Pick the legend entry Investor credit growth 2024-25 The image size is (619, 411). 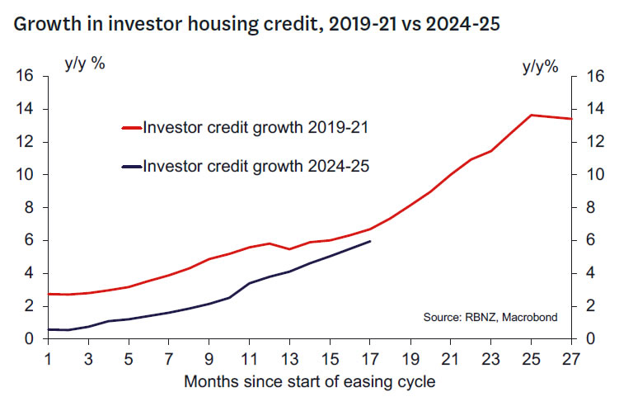pyautogui.click(x=255, y=167)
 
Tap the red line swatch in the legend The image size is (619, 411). pyautogui.click(x=131, y=128)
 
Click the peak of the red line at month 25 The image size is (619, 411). pyautogui.click(x=532, y=115)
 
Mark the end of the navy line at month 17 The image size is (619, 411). pyautogui.click(x=370, y=241)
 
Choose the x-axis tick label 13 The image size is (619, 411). pyautogui.click(x=289, y=361)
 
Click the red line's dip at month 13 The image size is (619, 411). pyautogui.click(x=289, y=248)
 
